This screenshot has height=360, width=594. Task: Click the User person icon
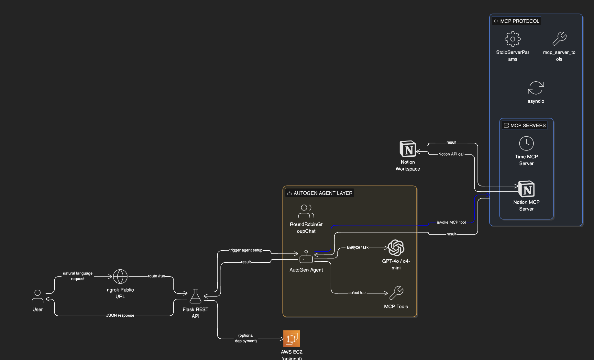38,296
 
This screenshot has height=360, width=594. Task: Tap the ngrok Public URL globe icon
120,276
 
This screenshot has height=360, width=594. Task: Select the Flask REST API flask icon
195,296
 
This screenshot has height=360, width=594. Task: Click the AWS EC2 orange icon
291,339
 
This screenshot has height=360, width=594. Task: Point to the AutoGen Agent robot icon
306,257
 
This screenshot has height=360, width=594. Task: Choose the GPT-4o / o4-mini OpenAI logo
396,248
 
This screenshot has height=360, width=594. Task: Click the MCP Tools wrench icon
396,293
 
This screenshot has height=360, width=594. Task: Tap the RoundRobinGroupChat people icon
306,211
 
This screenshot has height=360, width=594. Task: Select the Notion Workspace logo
408,149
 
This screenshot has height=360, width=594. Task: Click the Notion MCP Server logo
526,189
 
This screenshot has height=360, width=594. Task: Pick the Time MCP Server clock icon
526,143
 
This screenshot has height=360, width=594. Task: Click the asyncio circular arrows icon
536,88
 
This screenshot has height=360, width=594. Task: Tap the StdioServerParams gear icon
512,39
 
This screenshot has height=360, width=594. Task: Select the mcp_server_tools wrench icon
559,39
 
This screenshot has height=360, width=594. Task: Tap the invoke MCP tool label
451,222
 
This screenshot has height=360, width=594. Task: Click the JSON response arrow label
120,315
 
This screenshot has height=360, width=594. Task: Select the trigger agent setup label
246,250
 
